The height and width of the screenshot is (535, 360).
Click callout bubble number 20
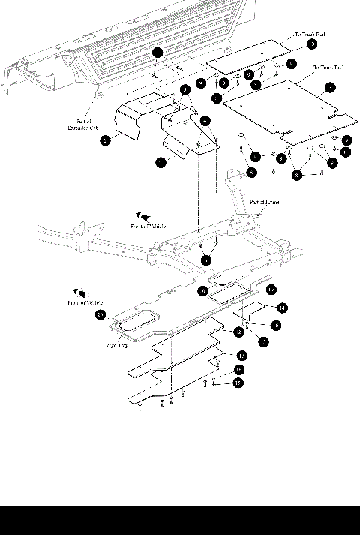click(100, 315)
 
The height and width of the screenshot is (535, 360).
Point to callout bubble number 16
click(238, 370)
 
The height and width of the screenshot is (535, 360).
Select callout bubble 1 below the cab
click(158, 53)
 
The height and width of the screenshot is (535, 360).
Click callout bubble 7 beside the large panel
click(330, 88)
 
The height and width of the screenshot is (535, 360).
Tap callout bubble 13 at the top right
click(311, 45)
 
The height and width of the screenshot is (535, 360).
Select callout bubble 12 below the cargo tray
click(241, 354)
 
